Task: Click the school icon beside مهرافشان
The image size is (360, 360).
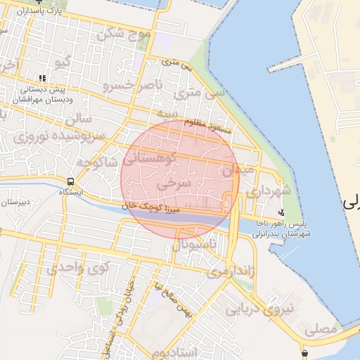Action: pos(42,79)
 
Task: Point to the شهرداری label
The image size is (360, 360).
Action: pos(264,191)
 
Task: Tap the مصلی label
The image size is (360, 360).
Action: pos(323,328)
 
